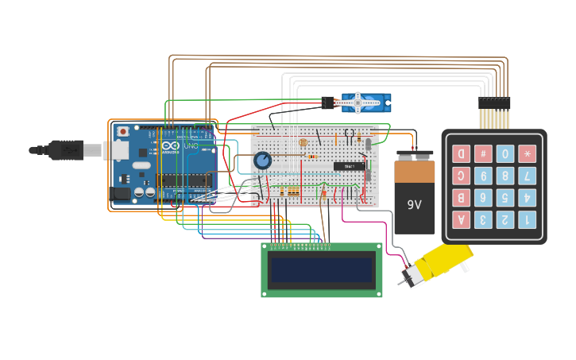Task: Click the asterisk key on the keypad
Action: (527, 153)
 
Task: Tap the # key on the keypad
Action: (483, 153)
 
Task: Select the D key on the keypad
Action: (461, 153)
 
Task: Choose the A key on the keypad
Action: (461, 219)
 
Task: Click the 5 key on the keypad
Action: (505, 197)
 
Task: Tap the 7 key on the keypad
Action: (527, 176)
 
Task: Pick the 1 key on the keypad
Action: (527, 219)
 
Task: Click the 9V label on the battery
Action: (414, 204)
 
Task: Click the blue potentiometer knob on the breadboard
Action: (262, 161)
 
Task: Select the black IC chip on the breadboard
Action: (349, 166)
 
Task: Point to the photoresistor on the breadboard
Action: (303, 142)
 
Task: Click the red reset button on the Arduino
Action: (122, 131)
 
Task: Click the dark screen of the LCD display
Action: (322, 271)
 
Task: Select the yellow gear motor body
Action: (445, 261)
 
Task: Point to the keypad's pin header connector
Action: (494, 103)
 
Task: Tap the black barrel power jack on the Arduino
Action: (122, 193)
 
